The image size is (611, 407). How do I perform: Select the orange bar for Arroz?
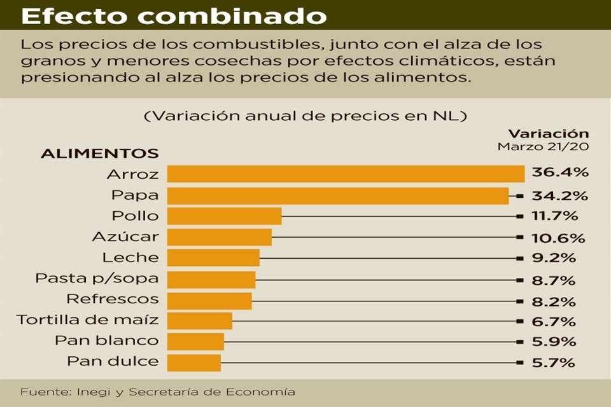(x=346, y=174)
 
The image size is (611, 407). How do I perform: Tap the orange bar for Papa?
(x=338, y=195)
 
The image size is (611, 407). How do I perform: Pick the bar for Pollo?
(x=224, y=216)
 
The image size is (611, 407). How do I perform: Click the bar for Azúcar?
(x=220, y=237)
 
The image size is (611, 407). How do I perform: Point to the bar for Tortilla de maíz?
(x=200, y=321)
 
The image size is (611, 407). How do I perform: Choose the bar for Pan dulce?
(x=194, y=362)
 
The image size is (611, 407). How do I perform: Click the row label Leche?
(x=130, y=258)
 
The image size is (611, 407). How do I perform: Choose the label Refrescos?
(x=113, y=299)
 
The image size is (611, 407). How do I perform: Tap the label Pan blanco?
(x=107, y=341)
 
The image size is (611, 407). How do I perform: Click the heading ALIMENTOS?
(x=100, y=154)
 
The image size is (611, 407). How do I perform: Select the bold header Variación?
(x=548, y=134)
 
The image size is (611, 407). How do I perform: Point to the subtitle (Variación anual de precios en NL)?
(x=306, y=116)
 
